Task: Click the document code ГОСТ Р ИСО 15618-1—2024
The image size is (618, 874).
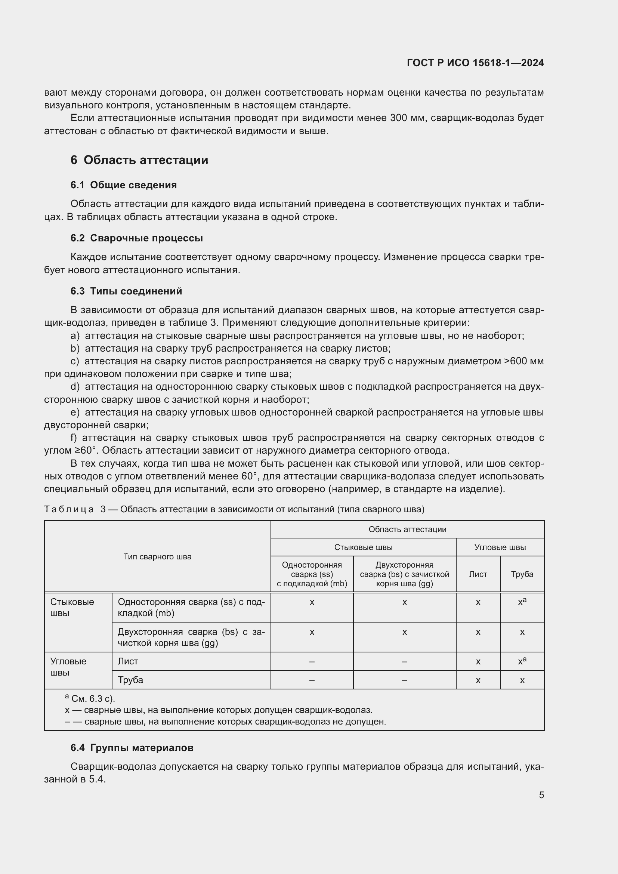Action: pos(475,63)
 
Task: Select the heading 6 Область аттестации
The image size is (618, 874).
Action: pos(139,160)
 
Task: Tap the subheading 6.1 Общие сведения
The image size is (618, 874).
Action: pos(124,185)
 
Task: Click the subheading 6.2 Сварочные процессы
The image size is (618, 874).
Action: pos(137,238)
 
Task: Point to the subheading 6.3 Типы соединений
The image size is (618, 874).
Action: pos(126,291)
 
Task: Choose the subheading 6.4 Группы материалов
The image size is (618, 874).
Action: pos(132,748)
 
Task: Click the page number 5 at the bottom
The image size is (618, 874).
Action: pos(541,795)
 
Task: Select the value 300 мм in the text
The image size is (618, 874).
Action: pos(404,118)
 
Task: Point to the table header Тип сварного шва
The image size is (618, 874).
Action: pos(157,556)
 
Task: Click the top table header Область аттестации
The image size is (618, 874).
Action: pos(407,529)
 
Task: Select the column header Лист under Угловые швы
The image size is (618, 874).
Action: pos(478,574)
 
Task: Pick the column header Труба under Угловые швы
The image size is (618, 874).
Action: pos(522,574)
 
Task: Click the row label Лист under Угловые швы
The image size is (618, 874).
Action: pos(128,661)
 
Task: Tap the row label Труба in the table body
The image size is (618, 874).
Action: pos(130,680)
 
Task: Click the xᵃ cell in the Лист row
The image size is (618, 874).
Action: pos(522,661)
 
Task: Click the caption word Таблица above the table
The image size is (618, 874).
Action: pos(69,509)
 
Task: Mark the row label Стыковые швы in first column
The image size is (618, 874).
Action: pos(72,607)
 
